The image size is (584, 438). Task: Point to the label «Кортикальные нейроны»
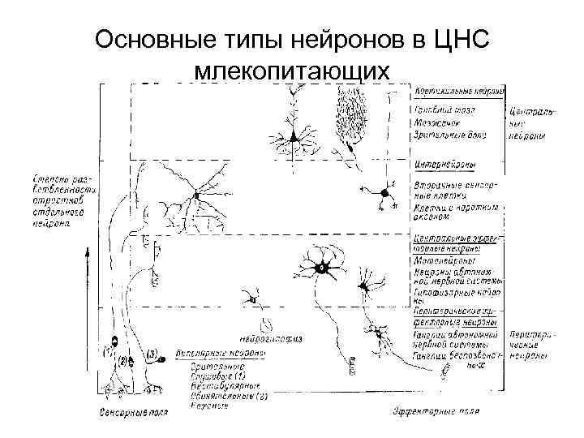(460, 90)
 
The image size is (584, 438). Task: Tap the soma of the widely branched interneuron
(195, 195)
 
